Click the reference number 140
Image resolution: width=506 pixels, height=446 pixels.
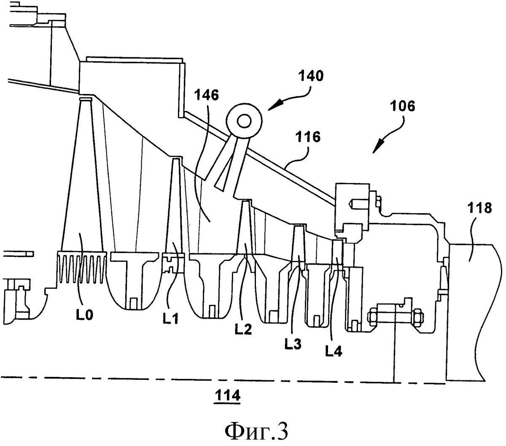pos(312,77)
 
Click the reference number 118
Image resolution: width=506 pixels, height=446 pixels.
pos(479,208)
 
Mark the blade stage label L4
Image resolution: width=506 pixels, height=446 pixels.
pos(333,349)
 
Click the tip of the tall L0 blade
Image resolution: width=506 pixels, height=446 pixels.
pos(85,100)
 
